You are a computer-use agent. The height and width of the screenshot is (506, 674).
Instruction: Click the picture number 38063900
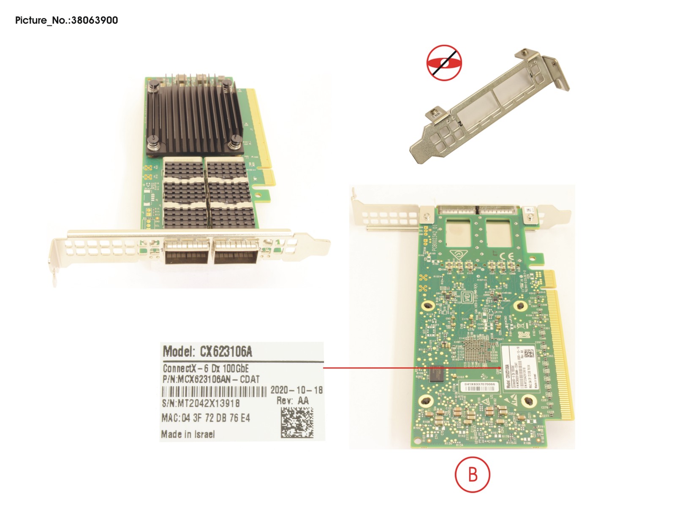(95, 20)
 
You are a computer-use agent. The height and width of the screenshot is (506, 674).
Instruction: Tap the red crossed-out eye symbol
(444, 63)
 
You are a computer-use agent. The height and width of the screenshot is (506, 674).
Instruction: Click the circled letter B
(473, 474)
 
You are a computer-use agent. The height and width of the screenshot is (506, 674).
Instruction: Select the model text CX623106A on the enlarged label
(226, 351)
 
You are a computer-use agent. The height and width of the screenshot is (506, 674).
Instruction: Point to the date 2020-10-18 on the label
(296, 390)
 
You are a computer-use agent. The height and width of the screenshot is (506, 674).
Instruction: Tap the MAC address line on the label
(206, 418)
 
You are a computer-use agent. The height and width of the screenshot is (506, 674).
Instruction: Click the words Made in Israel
(188, 434)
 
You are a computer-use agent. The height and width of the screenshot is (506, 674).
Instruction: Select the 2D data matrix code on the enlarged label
(297, 422)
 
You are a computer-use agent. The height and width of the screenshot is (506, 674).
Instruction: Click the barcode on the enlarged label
(215, 391)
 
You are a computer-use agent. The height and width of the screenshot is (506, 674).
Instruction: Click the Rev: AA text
(293, 401)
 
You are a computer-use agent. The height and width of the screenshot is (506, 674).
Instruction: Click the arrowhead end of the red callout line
(501, 368)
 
